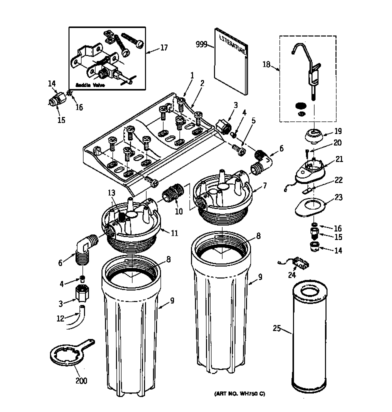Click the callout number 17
[x=163, y=48]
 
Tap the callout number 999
[x=201, y=44]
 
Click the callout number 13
[x=111, y=193]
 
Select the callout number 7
[x=264, y=186]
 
